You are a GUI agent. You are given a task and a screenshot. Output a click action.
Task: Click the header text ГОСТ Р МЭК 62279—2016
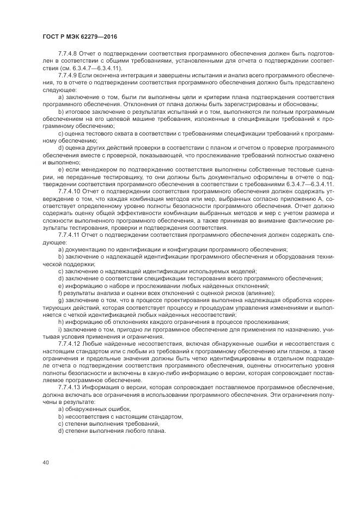click(80, 36)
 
